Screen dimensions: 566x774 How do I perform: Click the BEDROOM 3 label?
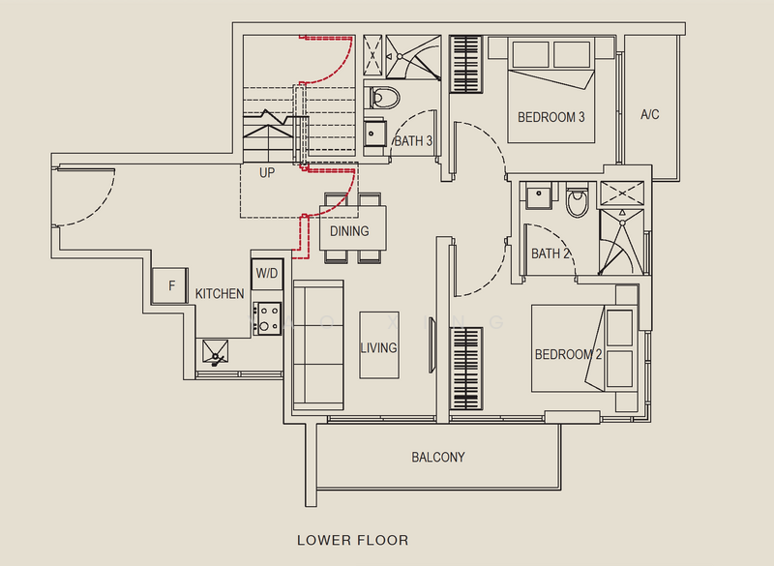tap(551, 117)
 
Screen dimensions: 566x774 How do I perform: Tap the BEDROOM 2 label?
tap(568, 355)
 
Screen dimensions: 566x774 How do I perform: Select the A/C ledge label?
tap(650, 115)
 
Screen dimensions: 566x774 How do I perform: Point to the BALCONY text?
tap(438, 458)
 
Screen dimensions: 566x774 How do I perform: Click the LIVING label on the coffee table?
tap(378, 347)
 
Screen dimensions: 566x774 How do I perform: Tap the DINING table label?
tap(349, 231)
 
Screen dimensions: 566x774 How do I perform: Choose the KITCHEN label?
tap(220, 293)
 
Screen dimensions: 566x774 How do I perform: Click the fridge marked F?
tap(171, 285)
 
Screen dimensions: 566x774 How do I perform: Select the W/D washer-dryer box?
tap(266, 274)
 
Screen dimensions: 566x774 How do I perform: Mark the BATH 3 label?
tap(413, 141)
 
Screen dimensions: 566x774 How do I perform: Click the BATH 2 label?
tap(551, 254)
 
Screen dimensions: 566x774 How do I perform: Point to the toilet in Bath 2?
tap(579, 200)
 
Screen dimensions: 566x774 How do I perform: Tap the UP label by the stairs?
tap(267, 174)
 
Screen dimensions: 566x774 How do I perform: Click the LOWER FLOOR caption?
tap(352, 540)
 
